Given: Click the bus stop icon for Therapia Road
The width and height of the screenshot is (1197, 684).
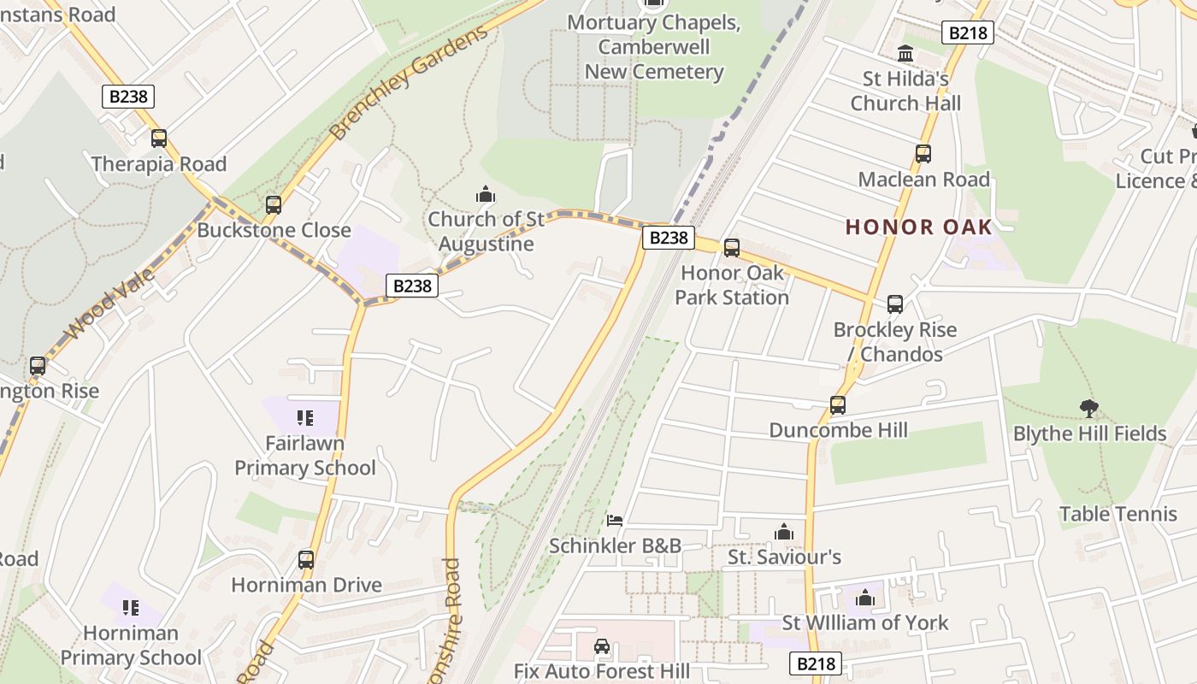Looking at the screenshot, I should click(159, 139).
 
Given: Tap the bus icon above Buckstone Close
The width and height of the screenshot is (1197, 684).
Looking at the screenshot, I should click(274, 205).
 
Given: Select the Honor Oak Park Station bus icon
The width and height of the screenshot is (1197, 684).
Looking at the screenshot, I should click(732, 248).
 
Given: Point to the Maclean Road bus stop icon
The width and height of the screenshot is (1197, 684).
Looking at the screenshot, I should click(923, 154).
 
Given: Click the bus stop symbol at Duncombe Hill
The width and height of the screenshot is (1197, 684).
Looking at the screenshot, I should click(838, 405).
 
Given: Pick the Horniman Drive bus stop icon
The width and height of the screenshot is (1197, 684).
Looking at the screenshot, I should click(306, 560).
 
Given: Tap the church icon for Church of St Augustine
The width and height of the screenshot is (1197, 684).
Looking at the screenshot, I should click(486, 196).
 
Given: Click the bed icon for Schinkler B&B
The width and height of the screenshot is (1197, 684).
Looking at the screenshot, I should click(615, 520).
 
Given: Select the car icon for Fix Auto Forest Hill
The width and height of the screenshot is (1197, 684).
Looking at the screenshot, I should click(602, 646).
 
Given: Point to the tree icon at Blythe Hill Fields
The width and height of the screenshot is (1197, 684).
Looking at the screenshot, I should click(1088, 408).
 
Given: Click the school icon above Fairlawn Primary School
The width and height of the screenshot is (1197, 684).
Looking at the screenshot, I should click(304, 418).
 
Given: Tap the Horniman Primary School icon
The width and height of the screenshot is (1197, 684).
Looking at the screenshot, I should click(130, 608).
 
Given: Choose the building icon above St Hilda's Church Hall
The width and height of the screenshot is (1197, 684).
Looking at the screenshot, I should click(905, 55).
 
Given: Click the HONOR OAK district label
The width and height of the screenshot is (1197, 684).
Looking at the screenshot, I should click(919, 227).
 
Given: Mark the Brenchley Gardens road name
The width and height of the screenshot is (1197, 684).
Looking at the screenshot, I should click(409, 82).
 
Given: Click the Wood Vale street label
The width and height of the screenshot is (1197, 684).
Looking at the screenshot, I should click(112, 303).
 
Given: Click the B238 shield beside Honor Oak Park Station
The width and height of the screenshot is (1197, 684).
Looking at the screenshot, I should click(668, 238).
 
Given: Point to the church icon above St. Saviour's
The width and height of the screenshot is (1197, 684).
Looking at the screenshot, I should click(784, 533).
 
